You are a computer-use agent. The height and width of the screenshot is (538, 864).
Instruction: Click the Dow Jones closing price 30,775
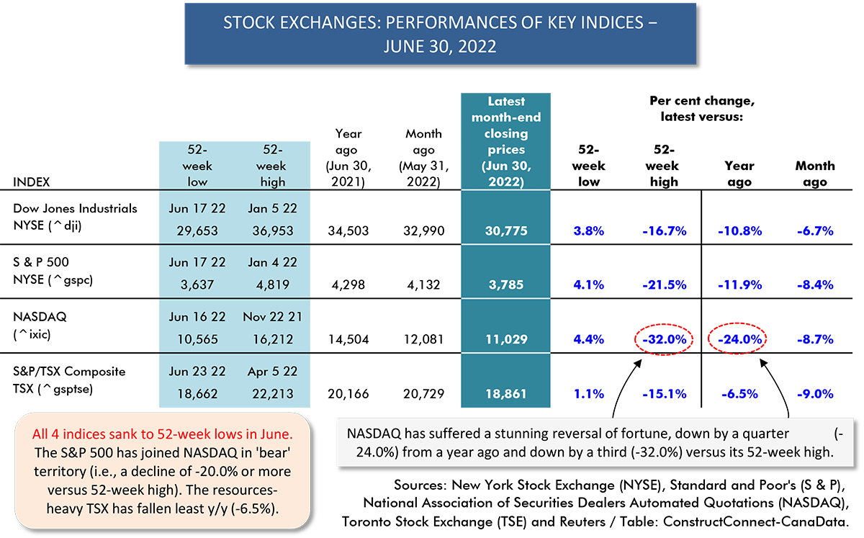(505, 230)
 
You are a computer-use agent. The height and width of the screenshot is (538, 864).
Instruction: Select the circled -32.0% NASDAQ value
(664, 339)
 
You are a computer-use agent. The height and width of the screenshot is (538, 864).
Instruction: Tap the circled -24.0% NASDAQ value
(739, 339)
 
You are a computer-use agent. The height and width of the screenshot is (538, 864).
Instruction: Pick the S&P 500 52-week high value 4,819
(272, 284)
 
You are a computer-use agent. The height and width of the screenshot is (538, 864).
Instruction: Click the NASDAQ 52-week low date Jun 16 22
(197, 317)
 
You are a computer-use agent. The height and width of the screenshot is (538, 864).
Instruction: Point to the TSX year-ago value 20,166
(348, 394)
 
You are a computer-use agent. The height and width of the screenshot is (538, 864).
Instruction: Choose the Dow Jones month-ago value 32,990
(423, 230)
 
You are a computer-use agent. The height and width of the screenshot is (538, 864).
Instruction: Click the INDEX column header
(31, 181)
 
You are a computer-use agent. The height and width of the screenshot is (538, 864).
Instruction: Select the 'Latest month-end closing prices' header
(505, 141)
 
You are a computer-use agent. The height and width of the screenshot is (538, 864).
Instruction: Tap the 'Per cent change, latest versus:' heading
(701, 109)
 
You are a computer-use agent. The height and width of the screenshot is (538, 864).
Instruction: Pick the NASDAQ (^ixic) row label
(40, 326)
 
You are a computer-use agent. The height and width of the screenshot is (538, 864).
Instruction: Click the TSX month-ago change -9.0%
(815, 394)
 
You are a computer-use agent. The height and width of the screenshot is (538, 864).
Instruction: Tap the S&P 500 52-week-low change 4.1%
(588, 284)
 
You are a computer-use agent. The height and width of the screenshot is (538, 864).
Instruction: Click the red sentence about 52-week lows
(163, 434)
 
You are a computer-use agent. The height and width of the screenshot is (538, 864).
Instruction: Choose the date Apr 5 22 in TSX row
(272, 372)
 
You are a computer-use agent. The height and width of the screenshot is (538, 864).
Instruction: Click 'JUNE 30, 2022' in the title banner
(440, 47)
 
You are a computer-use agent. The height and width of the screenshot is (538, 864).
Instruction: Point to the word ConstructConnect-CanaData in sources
(755, 521)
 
